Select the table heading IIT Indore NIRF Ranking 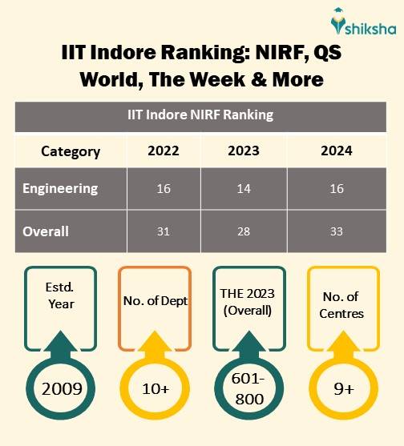pyautogui.click(x=200, y=115)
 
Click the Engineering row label pyautogui.click(x=60, y=189)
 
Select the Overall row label pyautogui.click(x=46, y=231)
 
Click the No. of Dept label pyautogui.click(x=156, y=301)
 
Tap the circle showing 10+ pyautogui.click(x=156, y=389)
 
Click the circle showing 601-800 pyautogui.click(x=248, y=389)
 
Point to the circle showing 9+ pyautogui.click(x=342, y=389)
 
